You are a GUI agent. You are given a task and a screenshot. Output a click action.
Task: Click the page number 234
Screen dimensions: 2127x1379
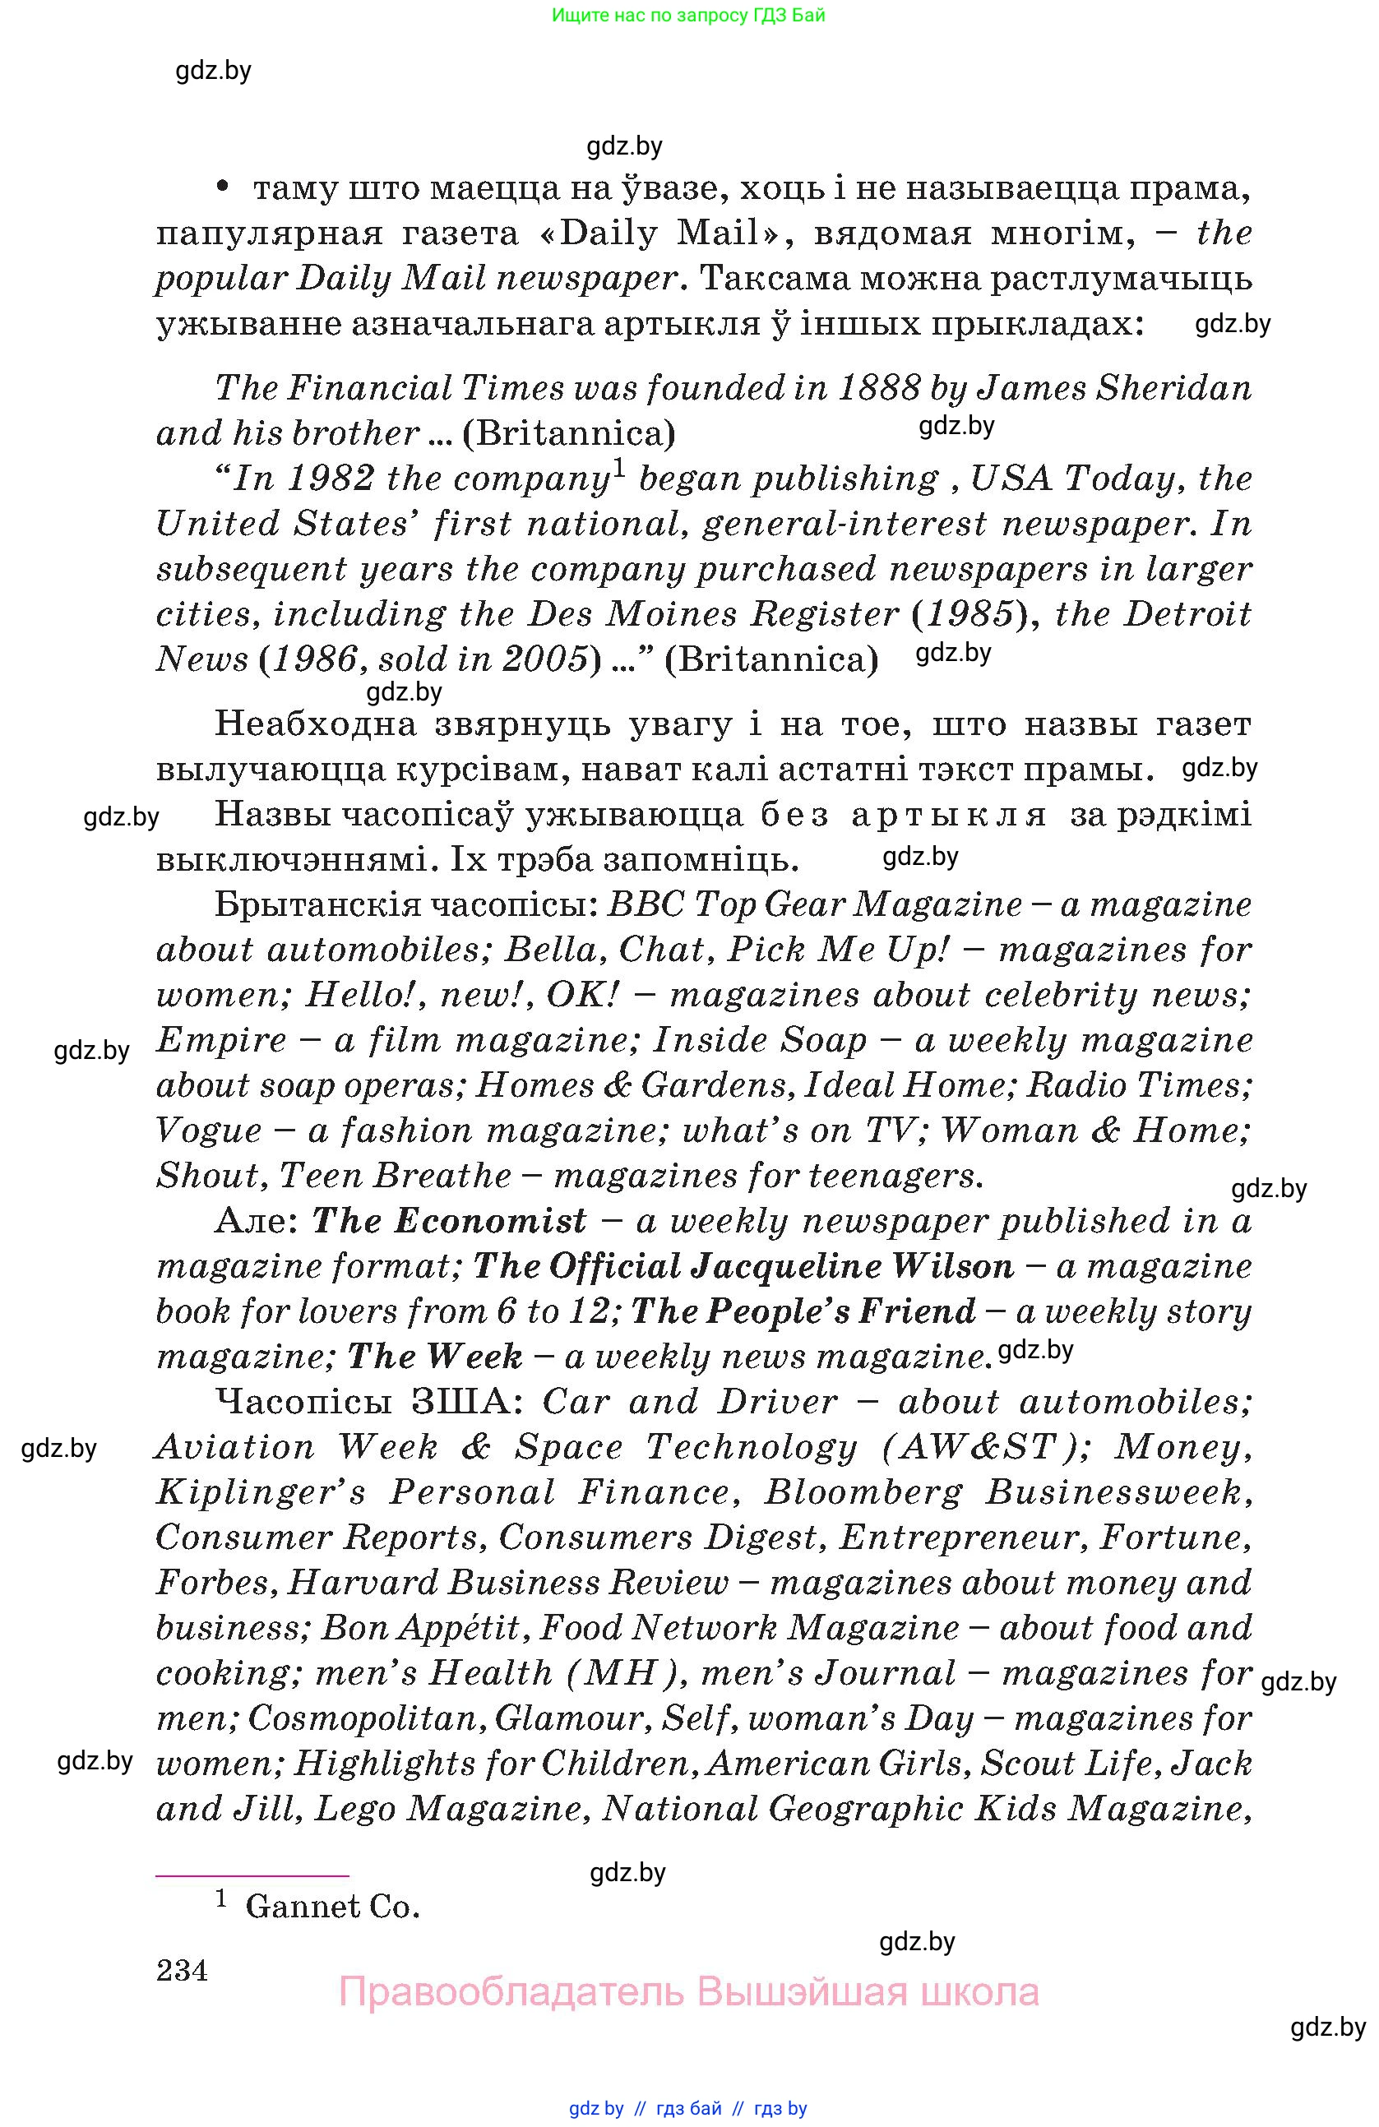[182, 1970]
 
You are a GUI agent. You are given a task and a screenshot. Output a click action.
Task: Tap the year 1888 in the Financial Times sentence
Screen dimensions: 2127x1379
[878, 388]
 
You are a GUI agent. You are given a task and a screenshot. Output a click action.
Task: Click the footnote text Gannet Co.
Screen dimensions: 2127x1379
[332, 1907]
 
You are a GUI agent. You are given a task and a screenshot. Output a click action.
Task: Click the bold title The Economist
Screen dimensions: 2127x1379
[449, 1221]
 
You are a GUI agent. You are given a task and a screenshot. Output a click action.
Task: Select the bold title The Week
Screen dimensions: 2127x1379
[434, 1357]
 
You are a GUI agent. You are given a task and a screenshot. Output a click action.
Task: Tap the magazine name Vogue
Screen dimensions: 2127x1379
[209, 1131]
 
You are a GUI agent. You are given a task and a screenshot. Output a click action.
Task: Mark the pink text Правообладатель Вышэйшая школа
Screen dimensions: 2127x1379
[688, 1992]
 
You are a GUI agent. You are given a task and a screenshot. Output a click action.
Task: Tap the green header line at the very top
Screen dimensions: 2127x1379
[688, 15]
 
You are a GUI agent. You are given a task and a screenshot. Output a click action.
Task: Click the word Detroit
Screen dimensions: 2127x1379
[1187, 614]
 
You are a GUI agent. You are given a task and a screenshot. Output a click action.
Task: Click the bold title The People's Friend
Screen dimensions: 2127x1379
[803, 1311]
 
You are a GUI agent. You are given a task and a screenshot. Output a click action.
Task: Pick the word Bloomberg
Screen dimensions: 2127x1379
[863, 1492]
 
